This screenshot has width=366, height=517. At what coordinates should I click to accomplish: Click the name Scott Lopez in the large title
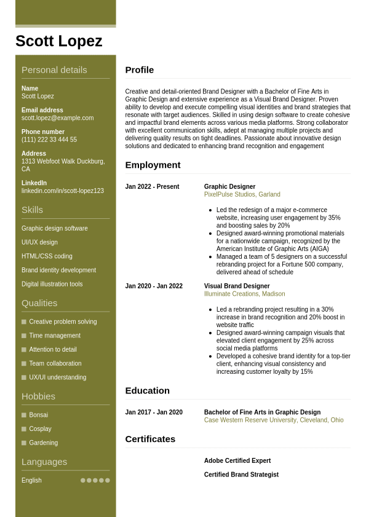(59, 41)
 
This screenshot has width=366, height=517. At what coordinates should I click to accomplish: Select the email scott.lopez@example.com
(58, 118)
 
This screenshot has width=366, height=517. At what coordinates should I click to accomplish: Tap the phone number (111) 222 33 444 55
(49, 140)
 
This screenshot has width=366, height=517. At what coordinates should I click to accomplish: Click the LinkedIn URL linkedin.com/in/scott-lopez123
(63, 191)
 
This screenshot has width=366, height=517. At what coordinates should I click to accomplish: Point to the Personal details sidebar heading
(54, 70)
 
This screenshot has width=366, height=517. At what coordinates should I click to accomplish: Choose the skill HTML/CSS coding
(47, 256)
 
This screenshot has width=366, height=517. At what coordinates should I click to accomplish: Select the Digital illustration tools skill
(52, 284)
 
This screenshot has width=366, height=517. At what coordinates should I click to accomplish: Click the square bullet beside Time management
(24, 336)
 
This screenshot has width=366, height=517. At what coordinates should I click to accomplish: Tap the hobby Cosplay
(40, 429)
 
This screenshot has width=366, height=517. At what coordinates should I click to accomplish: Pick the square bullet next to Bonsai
(24, 415)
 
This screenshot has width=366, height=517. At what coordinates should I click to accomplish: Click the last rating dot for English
(108, 481)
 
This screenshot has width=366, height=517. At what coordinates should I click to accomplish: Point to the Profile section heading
(140, 70)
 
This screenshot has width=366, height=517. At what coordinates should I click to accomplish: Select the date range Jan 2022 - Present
(152, 187)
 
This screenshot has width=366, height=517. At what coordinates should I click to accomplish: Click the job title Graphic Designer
(229, 187)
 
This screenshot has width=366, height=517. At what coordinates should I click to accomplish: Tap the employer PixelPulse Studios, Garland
(242, 194)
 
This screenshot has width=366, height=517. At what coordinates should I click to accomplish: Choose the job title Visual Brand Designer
(237, 286)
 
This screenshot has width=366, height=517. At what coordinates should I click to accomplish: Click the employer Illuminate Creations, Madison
(244, 294)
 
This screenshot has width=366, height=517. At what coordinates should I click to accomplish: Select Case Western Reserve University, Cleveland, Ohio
(274, 420)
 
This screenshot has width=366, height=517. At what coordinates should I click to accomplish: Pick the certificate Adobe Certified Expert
(237, 461)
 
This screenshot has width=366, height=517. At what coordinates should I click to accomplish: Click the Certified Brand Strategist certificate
(241, 475)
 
